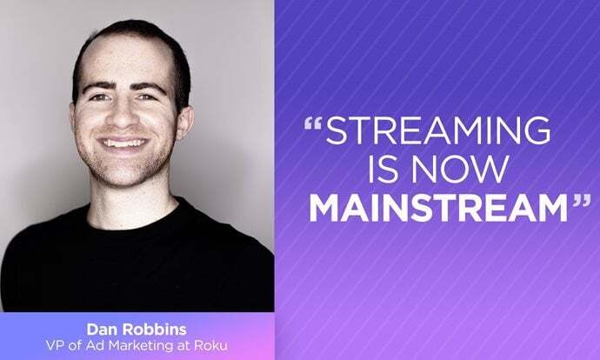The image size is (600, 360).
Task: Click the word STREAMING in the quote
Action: pyautogui.click(x=439, y=130)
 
